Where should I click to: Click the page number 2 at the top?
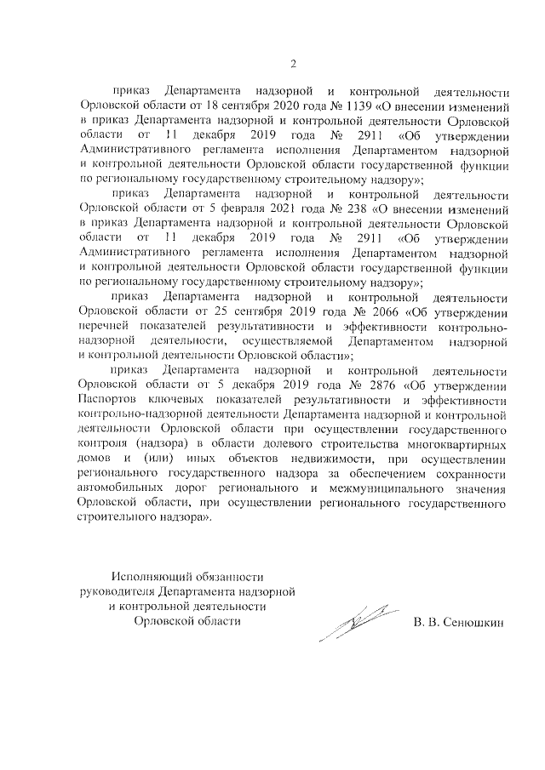295,63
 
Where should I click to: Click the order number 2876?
380,385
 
